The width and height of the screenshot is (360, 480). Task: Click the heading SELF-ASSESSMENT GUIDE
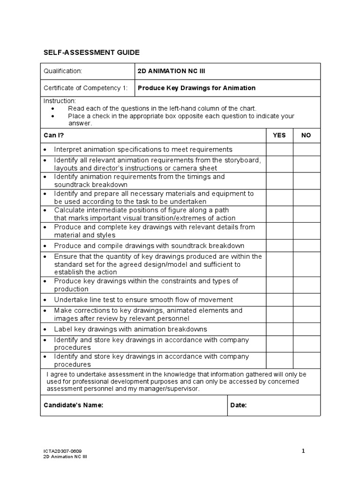click(91, 52)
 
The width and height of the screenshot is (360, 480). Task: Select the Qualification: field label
click(63, 71)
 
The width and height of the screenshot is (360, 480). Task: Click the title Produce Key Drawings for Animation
click(196, 88)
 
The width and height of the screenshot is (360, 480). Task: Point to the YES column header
click(279, 135)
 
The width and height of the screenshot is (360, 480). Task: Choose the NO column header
click(306, 135)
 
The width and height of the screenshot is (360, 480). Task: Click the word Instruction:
click(60, 101)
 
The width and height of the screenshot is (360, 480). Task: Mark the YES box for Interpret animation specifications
click(280, 149)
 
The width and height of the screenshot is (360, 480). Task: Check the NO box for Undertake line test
click(307, 300)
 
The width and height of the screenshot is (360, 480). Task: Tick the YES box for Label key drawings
click(280, 329)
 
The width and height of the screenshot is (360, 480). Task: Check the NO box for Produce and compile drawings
click(307, 246)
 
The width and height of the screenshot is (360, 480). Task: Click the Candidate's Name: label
click(73, 405)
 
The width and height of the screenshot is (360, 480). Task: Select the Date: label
click(239, 405)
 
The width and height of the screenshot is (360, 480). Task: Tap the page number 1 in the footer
click(303, 451)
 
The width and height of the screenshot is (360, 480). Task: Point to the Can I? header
click(53, 135)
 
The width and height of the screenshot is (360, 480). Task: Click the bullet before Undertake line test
click(45, 300)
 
